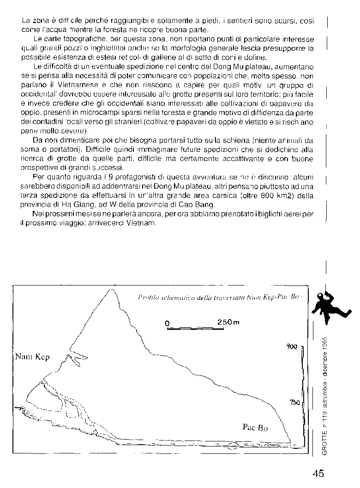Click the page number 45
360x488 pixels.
click(x=318, y=473)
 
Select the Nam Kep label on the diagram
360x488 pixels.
click(x=32, y=357)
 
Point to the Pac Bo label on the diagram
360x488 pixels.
click(x=255, y=427)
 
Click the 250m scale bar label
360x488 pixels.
click(x=228, y=321)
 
